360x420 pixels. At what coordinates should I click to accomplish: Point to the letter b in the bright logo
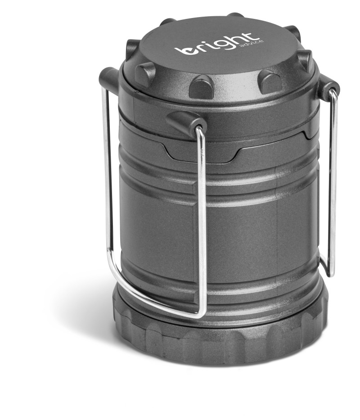pyautogui.click(x=185, y=50)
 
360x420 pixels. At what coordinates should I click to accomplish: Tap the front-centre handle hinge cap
pyautogui.click(x=187, y=121)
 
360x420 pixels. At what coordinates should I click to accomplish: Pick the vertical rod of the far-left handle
pyautogui.click(x=107, y=180)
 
